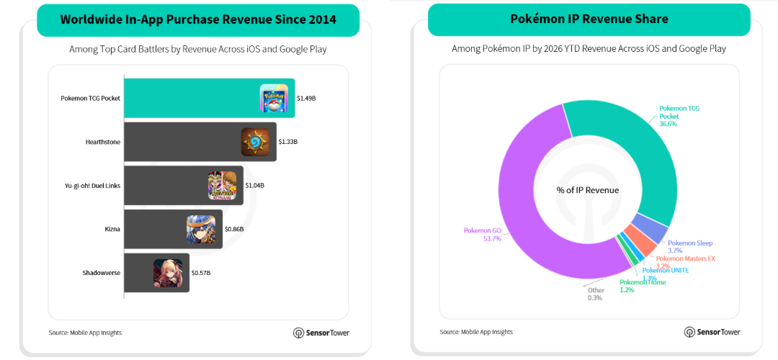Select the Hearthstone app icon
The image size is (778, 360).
[x=255, y=142]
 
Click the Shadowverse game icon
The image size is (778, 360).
[x=167, y=273]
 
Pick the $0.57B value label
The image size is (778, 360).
[x=202, y=273]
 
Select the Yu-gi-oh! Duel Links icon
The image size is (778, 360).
[x=222, y=186]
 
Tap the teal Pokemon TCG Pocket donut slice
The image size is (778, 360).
[x=627, y=151]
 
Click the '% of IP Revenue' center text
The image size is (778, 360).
[x=588, y=190]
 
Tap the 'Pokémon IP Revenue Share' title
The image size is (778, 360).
[x=589, y=19]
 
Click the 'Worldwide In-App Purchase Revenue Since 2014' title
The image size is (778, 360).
[x=198, y=19]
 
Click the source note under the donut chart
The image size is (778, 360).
[x=476, y=332]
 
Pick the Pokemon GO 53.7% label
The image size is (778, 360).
[x=483, y=235]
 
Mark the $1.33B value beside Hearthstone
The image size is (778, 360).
[x=288, y=142]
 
